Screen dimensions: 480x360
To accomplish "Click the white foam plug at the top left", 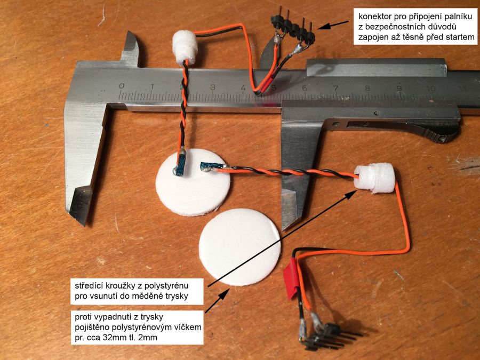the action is (185, 47).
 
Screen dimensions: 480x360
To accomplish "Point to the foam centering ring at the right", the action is (374, 178).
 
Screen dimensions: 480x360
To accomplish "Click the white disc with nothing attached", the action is (239, 247).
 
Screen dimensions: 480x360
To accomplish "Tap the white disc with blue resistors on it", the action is (193, 182).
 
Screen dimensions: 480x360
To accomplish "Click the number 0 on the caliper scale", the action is (122, 86).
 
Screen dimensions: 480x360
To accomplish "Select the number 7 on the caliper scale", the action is (336, 89).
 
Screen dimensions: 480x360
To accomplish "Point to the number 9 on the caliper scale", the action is (399, 89).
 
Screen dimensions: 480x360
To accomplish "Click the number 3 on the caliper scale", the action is (212, 87).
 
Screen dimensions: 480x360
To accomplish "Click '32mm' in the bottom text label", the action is (115, 338).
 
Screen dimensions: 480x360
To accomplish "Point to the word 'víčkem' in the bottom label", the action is (187, 327).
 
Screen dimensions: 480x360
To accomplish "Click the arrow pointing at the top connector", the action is (333, 25).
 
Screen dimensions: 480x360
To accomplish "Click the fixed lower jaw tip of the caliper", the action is (78, 214).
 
